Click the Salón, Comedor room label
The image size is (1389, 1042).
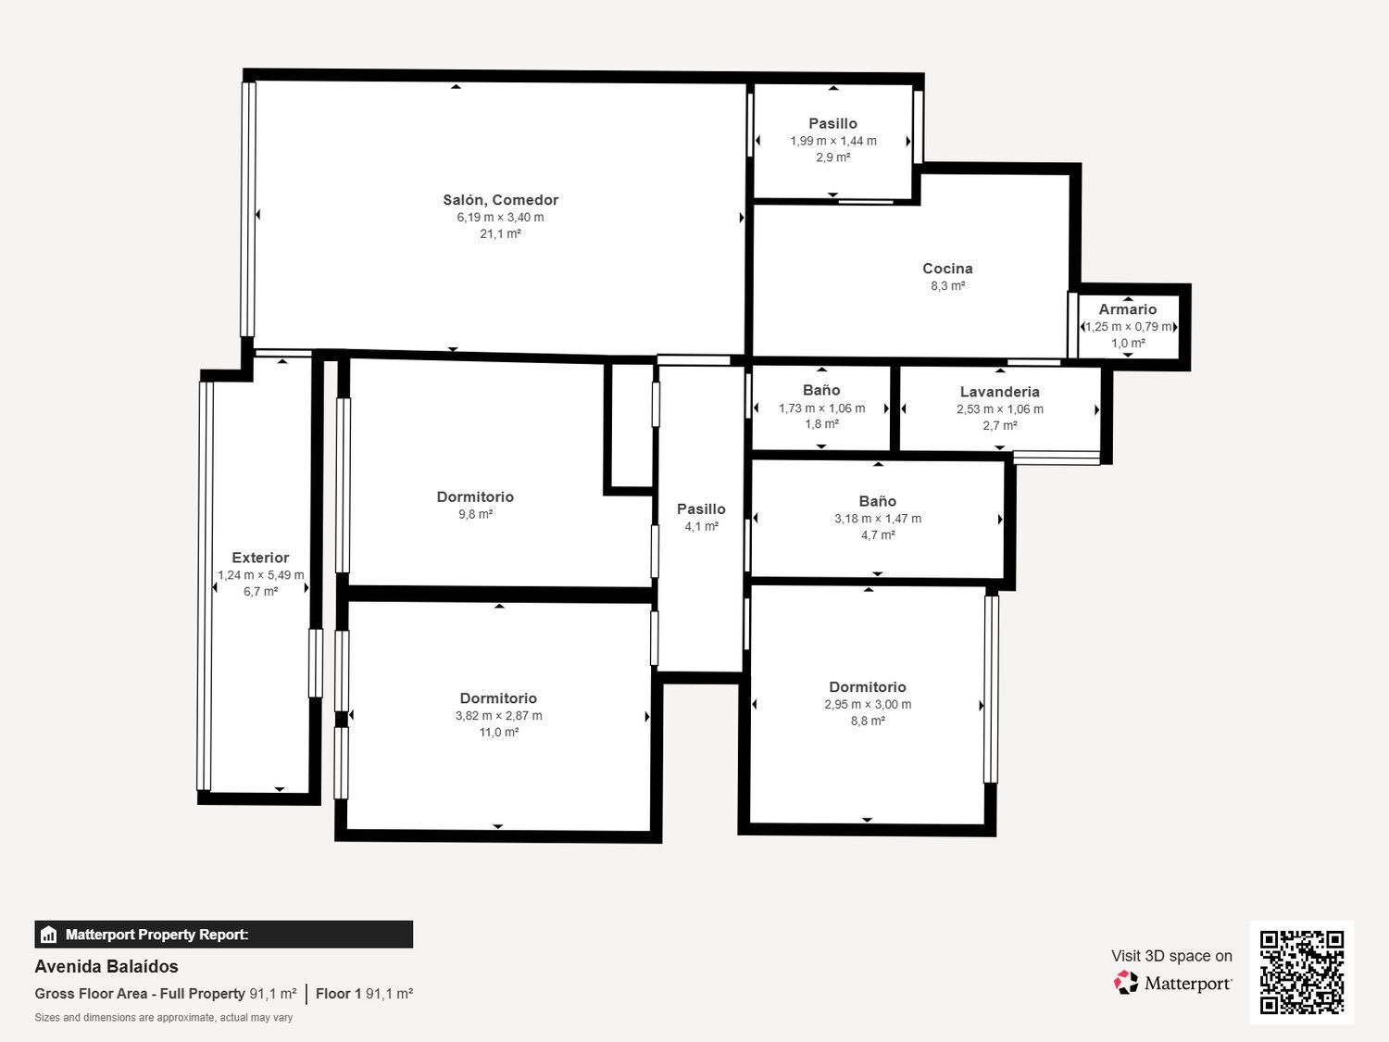pos(501,200)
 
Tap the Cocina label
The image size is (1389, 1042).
pos(947,269)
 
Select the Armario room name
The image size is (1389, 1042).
pos(1128,309)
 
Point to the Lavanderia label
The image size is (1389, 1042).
pos(1000,392)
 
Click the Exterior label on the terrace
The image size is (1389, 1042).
pos(260,558)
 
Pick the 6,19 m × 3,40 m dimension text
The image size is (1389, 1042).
pos(501,217)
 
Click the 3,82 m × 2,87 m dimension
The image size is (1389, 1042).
pos(498,716)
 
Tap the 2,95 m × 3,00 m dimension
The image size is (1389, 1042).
pos(868,704)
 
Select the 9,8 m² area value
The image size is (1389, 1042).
pos(475,514)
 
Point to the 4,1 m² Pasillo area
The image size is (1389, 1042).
pos(701,526)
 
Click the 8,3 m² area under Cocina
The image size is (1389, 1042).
pos(947,285)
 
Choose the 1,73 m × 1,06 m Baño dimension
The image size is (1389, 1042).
pos(821,408)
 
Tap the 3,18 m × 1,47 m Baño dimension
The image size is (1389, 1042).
pos(878,518)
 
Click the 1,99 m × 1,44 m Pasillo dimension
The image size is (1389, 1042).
pos(832,141)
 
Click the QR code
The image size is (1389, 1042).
pos(1302,972)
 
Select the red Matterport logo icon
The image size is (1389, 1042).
pos(1125,983)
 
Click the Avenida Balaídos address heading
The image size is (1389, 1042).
pos(106,966)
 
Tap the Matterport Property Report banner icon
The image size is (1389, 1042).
pos(48,935)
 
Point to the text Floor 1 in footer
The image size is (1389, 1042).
pos(338,993)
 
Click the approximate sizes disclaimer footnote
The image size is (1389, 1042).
pos(163,1017)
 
